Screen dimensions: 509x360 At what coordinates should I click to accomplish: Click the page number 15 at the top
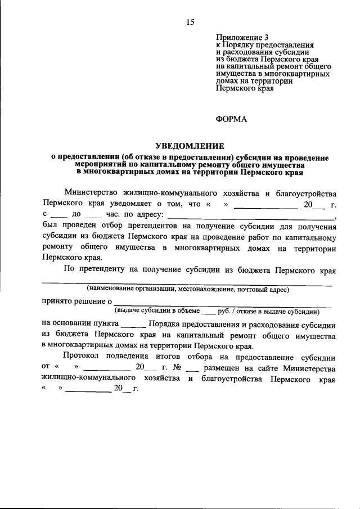[x=190, y=22]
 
